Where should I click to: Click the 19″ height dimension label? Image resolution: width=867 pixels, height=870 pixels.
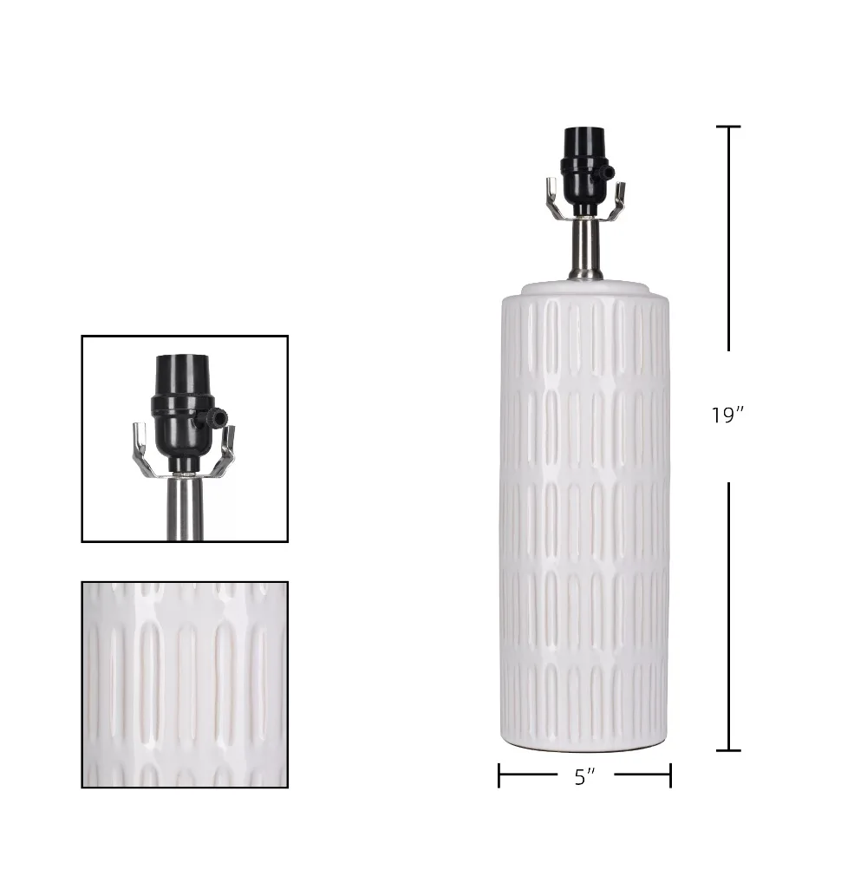727,415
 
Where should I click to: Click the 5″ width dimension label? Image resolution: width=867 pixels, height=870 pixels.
585,777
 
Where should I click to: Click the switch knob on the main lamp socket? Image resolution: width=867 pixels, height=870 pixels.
609,173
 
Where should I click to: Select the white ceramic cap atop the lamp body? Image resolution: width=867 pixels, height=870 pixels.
585,289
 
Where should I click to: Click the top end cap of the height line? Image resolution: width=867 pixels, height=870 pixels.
728,127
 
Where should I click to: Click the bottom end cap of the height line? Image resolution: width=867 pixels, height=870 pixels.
728,750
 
